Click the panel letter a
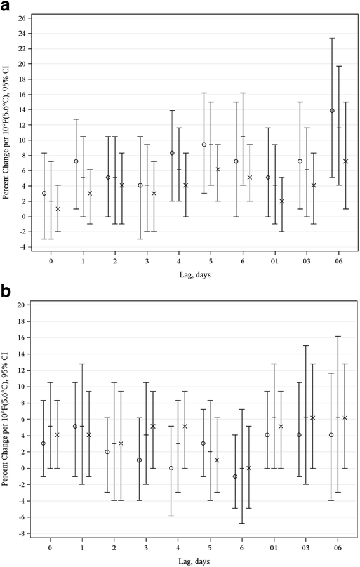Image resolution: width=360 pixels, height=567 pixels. click(x=6, y=6)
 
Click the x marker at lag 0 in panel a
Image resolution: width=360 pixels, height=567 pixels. click(x=58, y=209)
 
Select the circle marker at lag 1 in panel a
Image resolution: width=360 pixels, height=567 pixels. click(x=76, y=161)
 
